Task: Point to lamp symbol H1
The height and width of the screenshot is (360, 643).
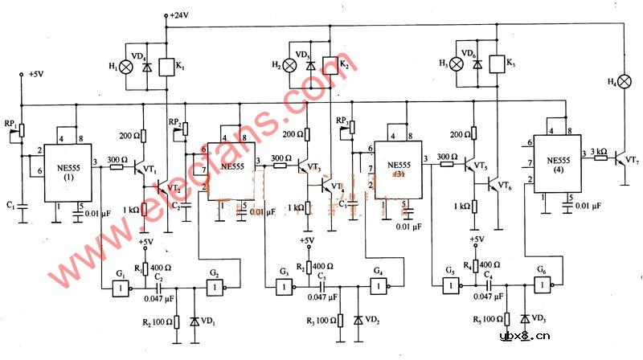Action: click(x=125, y=67)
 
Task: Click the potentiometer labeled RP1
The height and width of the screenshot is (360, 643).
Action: click(x=22, y=129)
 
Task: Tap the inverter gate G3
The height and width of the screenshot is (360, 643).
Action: click(x=284, y=287)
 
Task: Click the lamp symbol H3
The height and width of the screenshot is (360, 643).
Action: click(x=459, y=65)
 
